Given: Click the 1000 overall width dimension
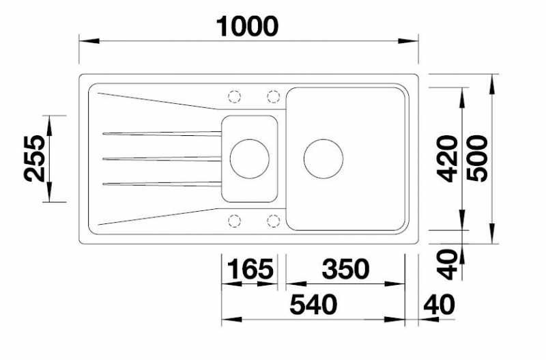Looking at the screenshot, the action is pos(247,27).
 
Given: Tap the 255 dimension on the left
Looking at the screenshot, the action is pos(35,158).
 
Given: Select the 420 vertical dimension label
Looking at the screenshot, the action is pos(448,158).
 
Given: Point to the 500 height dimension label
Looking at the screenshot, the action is pos(477,158).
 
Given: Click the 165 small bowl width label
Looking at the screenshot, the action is pos(250,268).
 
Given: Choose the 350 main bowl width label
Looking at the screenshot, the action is pos(345,268).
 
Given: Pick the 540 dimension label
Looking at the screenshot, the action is pos(314,304).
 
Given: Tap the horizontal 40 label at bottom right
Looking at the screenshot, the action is pos(439,304).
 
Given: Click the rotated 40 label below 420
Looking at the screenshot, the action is pos(448,264).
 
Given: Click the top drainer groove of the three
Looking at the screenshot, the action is pos(162,133).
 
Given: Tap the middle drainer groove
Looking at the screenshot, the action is pos(162,159).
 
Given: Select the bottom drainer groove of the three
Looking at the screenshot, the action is pos(162,183).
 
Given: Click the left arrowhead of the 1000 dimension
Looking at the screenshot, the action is pos(89,41).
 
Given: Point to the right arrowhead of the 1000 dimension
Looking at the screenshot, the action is pos(407,41).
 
